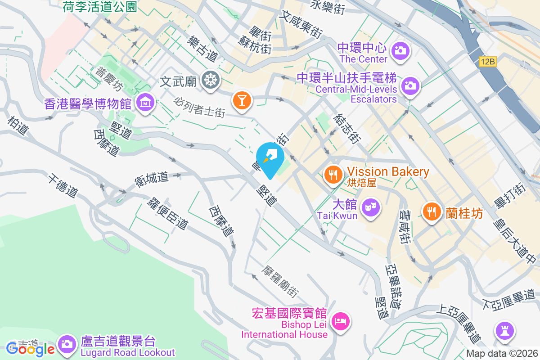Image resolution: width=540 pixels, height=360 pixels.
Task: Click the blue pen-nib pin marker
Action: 270,158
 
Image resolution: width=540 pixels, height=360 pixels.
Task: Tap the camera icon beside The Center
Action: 400,51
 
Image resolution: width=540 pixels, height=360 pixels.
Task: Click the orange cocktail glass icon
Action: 242,100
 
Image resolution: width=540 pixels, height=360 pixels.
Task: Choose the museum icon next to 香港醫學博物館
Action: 145,103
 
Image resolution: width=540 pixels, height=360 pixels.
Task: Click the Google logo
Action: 30,349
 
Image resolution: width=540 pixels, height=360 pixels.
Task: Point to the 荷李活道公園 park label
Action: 100,6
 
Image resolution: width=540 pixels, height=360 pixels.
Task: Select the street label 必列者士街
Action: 200,106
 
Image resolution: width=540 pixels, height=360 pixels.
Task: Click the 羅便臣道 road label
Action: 167,213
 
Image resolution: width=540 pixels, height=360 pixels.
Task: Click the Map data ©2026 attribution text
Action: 501,354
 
